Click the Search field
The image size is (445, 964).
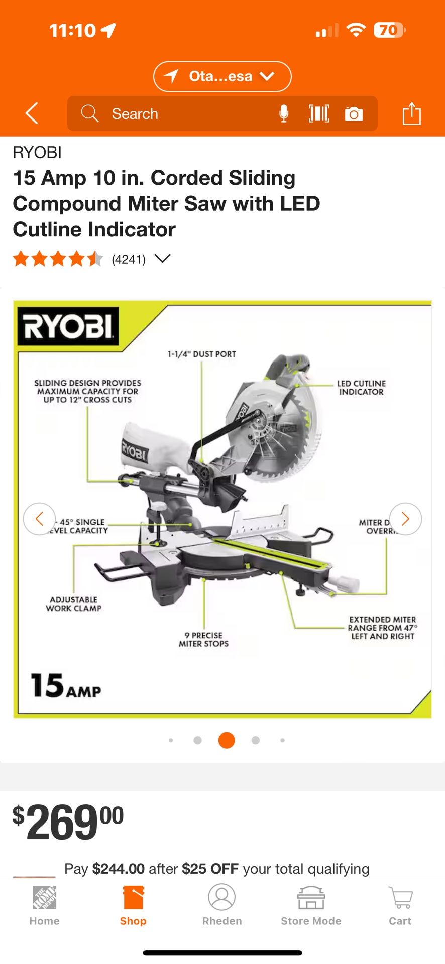click(x=176, y=114)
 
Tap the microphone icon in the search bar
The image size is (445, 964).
click(x=284, y=114)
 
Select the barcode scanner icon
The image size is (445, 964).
click(x=319, y=114)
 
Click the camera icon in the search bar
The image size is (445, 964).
click(x=354, y=114)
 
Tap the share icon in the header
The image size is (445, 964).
click(x=411, y=113)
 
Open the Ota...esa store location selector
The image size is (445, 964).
click(x=222, y=76)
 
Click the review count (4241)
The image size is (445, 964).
click(x=129, y=259)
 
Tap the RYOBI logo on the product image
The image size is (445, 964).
click(x=68, y=326)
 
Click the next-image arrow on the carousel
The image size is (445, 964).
click(x=405, y=519)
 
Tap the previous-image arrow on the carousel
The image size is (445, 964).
click(x=39, y=519)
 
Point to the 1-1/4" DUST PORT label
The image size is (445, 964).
click(x=201, y=354)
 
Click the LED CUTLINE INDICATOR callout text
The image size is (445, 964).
click(x=361, y=387)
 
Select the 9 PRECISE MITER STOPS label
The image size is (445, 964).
click(x=203, y=639)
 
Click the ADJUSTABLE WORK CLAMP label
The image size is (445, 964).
click(x=74, y=604)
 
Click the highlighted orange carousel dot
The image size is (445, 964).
click(x=227, y=740)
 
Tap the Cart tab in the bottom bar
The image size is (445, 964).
click(x=400, y=906)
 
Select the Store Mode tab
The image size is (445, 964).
click(x=311, y=906)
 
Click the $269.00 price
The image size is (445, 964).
click(x=68, y=822)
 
